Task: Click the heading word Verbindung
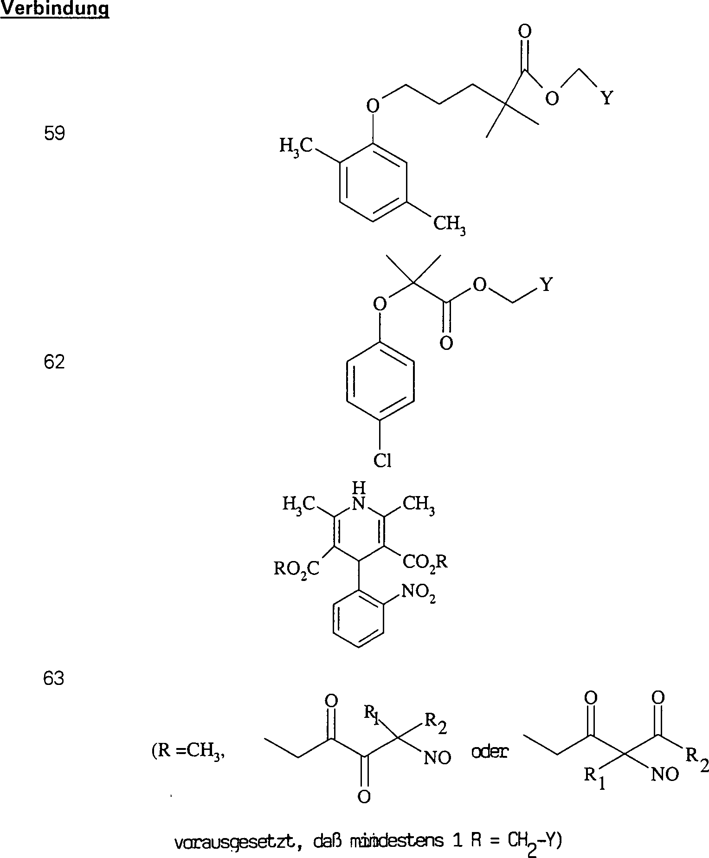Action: pos(55,9)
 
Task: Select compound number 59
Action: pos(54,134)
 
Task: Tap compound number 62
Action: pos(54,362)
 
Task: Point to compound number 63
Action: pos(53,679)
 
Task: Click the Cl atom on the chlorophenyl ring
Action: pos(383,461)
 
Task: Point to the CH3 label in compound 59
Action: pos(449,225)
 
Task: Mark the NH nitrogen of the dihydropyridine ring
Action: pos(359,503)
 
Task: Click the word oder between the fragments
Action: pos(489,752)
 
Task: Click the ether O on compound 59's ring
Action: pos(373,106)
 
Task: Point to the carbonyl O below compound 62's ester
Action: pos(446,344)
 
